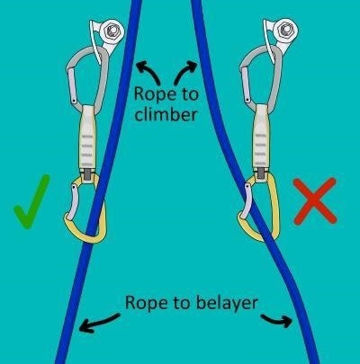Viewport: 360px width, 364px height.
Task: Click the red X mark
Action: pyautogui.click(x=315, y=201)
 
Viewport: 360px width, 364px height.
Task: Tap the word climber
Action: pyautogui.click(x=166, y=114)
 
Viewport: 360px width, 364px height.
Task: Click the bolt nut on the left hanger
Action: pyautogui.click(x=112, y=30)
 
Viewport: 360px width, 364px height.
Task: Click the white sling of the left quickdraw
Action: pyautogui.click(x=87, y=138)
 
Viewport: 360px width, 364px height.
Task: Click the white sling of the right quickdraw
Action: pyautogui.click(x=261, y=137)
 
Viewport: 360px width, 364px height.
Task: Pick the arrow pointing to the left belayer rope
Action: pyautogui.click(x=99, y=322)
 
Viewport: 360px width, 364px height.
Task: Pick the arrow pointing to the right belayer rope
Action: pyautogui.click(x=277, y=321)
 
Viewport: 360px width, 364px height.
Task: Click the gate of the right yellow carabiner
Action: pyautogui.click(x=246, y=200)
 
